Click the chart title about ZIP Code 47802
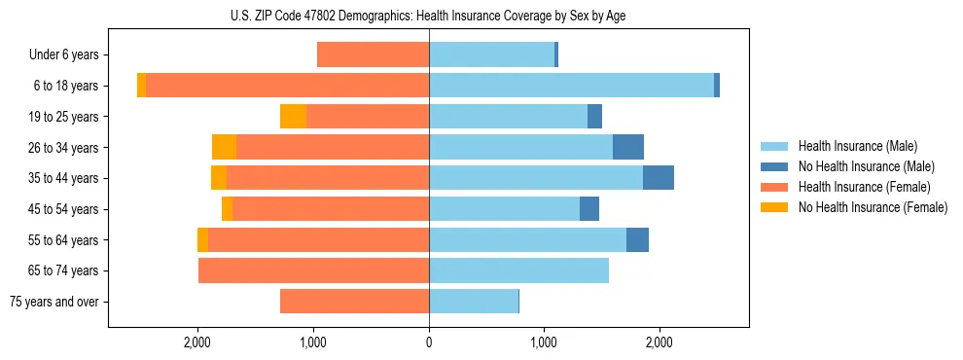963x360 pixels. coord(429,16)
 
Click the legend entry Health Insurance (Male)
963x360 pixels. coord(857,146)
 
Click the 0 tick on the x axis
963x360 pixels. coord(429,342)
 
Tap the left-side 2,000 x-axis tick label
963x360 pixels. coord(197,342)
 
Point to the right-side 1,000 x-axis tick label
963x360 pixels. coord(544,342)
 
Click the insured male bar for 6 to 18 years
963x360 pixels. coord(571,86)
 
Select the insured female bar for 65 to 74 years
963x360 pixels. coord(313,270)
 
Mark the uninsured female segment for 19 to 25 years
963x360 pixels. coord(293,117)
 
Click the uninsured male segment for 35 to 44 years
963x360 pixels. coord(659,178)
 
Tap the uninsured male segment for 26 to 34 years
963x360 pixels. coord(628,147)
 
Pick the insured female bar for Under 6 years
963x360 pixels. coord(373,55)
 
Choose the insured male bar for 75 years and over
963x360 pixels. coord(474,302)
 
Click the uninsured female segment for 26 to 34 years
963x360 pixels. coord(224,147)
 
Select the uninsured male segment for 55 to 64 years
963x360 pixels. coord(637,239)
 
